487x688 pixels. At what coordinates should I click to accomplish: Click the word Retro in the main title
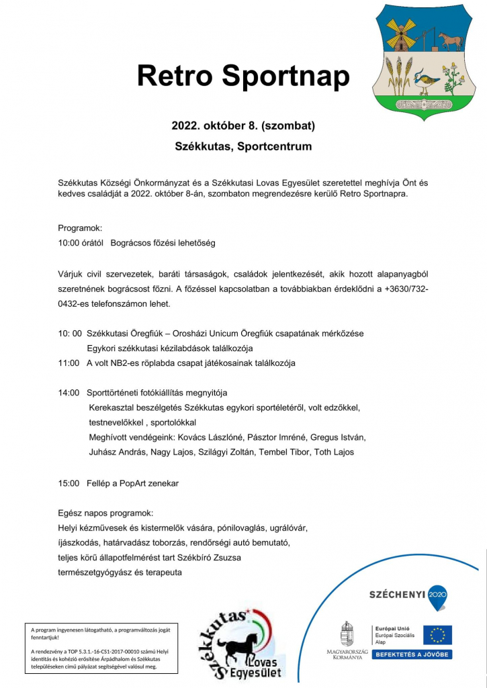(175, 76)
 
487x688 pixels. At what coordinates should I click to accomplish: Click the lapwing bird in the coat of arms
(427, 79)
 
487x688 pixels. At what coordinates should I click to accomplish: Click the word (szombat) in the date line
(288, 126)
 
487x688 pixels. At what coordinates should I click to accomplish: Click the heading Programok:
(80, 228)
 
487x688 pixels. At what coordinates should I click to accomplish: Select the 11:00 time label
(69, 363)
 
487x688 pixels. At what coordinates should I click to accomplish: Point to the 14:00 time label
(69, 392)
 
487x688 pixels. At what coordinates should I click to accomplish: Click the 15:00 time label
(69, 483)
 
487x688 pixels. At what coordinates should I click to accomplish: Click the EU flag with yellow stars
(437, 635)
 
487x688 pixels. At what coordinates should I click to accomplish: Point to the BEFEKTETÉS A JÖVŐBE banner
(412, 654)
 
